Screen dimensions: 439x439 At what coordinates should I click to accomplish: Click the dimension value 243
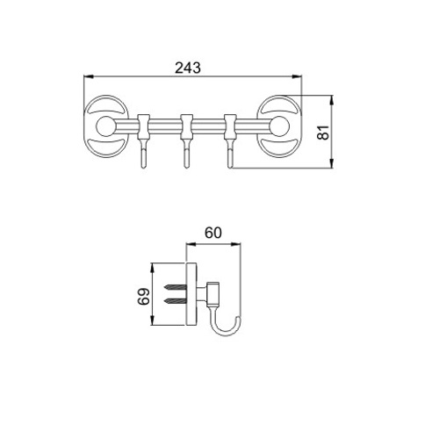coord(188,68)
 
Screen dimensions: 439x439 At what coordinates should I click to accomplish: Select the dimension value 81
coord(324,133)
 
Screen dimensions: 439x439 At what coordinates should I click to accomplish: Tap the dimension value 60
coord(213,233)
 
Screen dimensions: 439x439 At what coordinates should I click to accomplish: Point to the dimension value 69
coord(144,297)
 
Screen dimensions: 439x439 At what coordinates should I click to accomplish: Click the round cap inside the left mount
coord(105,126)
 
